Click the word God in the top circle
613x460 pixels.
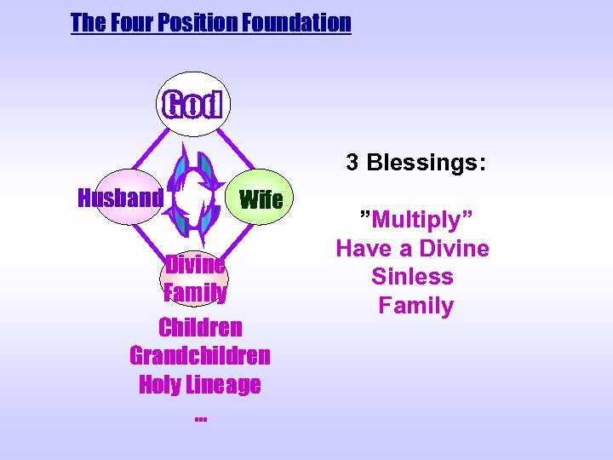(x=192, y=105)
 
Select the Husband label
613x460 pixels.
(x=120, y=198)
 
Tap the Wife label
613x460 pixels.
(x=261, y=200)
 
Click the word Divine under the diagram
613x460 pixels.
(x=195, y=264)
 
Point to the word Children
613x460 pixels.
(x=200, y=327)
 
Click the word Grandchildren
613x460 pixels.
(x=200, y=354)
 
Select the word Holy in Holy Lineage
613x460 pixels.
(x=159, y=384)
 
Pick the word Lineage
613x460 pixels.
(x=223, y=384)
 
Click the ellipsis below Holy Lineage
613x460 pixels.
(x=200, y=417)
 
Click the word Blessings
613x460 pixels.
(x=427, y=163)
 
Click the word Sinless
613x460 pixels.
(x=412, y=277)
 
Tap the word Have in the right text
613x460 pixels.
(x=362, y=248)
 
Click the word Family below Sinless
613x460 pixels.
(x=415, y=305)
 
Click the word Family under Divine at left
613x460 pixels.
(x=195, y=293)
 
